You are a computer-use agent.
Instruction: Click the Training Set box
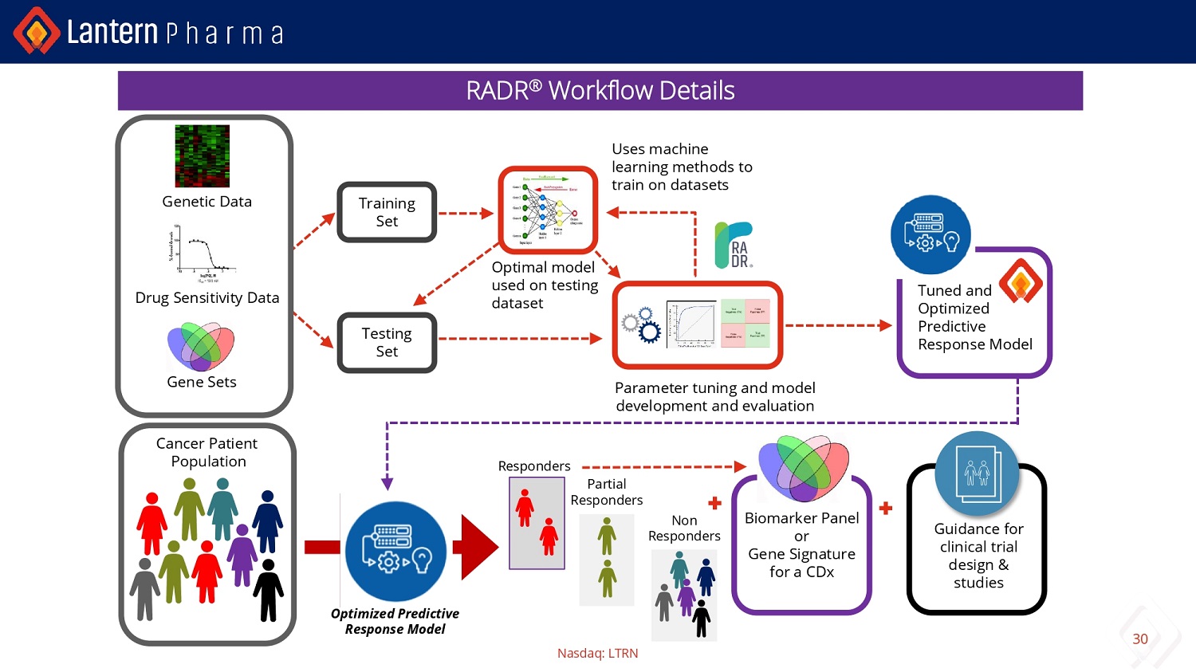tap(387, 212)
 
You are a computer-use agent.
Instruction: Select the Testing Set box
tap(387, 343)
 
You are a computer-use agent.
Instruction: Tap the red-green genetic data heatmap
tap(203, 156)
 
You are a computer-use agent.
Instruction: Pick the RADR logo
tap(734, 245)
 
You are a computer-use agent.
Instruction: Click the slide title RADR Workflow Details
tap(600, 91)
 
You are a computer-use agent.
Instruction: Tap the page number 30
tap(1140, 639)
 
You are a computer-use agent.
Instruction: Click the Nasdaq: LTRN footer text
tap(597, 653)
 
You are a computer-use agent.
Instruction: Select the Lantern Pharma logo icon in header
tap(36, 31)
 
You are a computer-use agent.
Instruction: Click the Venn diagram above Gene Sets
tap(201, 346)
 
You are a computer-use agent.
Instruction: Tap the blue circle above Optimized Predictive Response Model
tap(395, 551)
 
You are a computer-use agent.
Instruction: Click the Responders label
tap(534, 466)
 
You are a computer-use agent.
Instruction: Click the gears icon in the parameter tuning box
tap(642, 324)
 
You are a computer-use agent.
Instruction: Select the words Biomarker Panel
tap(801, 518)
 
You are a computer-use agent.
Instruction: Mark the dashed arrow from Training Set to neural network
tap(466, 213)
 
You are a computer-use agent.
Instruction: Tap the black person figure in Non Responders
tap(702, 619)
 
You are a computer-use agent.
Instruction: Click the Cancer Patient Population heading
tap(207, 452)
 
